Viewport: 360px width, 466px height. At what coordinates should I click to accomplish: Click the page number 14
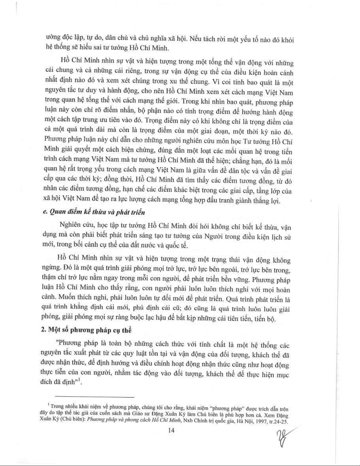172,431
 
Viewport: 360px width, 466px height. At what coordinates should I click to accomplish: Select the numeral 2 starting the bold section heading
42,330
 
